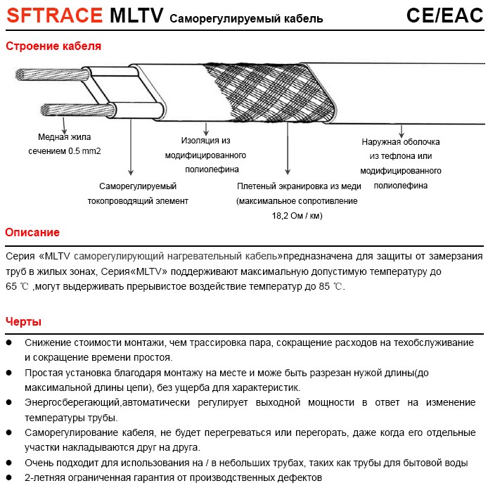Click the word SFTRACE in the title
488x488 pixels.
(x=53, y=15)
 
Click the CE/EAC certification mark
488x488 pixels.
(x=444, y=15)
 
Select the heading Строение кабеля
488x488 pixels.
(x=53, y=46)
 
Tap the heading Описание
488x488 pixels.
(x=32, y=233)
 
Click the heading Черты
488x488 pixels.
(x=23, y=322)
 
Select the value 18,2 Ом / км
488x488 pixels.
(x=297, y=216)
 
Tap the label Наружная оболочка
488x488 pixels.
(x=401, y=141)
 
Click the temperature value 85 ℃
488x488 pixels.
(x=329, y=287)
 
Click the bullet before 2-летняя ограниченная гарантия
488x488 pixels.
(x=9, y=477)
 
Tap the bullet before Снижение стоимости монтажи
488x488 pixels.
(x=9, y=342)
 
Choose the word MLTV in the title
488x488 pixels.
(x=137, y=15)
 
